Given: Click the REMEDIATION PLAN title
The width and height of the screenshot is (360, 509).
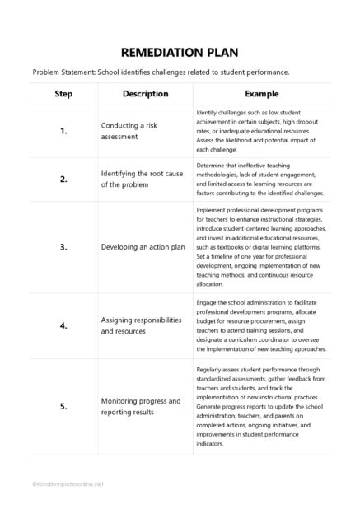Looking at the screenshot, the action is click(180, 49).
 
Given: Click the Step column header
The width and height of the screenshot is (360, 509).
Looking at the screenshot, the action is click(63, 94).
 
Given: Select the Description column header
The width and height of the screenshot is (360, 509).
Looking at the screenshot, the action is click(145, 94).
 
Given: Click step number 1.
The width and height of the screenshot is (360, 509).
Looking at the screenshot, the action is click(63, 131).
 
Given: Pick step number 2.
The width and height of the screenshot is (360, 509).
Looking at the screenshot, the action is click(63, 179).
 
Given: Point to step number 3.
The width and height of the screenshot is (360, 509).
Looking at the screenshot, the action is click(63, 246).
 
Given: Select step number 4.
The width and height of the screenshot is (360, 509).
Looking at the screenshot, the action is click(63, 325).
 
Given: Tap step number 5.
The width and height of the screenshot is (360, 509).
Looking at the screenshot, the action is click(63, 406).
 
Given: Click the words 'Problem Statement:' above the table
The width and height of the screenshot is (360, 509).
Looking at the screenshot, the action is click(63, 71).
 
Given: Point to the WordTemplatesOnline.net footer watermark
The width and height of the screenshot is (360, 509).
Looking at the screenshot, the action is click(68, 483).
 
